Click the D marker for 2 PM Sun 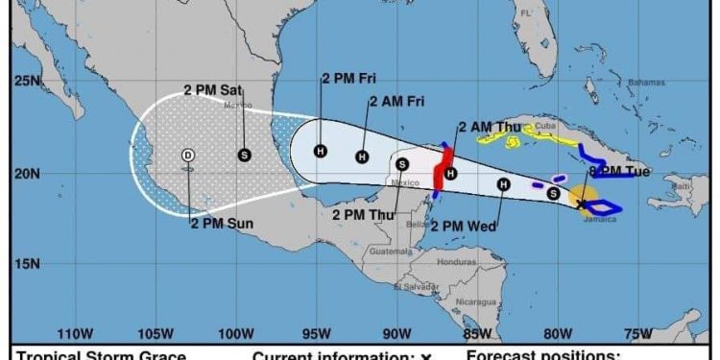pos(188,155)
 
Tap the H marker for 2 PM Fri pos(321,151)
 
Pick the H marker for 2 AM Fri pos(362,156)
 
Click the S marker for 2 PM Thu pos(402,164)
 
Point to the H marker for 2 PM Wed pos(503,184)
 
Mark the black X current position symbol pos(581,204)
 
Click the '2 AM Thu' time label pos(490,127)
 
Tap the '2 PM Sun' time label pos(220,224)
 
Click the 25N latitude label pos(26,82)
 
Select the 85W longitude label pos(473,333)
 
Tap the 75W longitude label pos(633,333)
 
